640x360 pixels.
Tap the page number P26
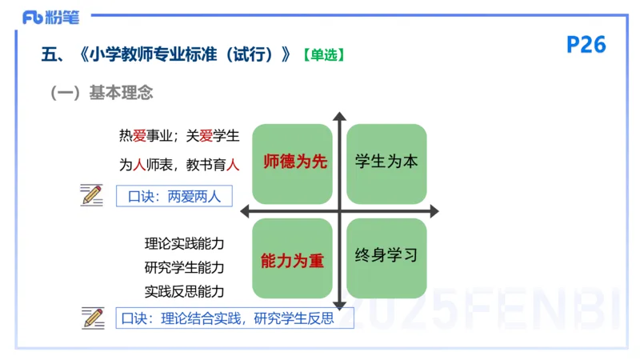586,45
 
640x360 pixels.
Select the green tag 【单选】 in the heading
323,55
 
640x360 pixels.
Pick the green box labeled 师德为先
293,162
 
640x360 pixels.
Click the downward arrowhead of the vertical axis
340,305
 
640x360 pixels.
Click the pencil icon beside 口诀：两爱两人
92,194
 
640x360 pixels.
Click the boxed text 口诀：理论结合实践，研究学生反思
226,318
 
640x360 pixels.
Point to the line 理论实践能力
184,243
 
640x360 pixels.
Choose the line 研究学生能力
184,267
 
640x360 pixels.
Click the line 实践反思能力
184,291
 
